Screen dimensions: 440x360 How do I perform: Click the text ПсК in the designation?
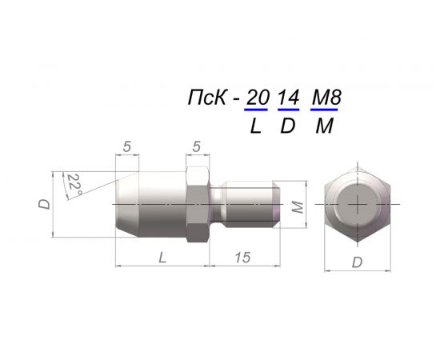click(x=207, y=98)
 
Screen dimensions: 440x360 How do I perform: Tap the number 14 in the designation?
click(x=288, y=98)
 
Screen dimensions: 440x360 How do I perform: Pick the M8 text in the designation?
click(x=326, y=98)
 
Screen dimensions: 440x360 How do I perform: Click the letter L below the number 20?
click(x=256, y=126)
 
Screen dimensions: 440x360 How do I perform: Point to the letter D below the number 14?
click(x=288, y=126)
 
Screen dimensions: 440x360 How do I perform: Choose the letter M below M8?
click(x=324, y=126)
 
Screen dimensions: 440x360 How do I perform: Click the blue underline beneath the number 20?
click(x=256, y=110)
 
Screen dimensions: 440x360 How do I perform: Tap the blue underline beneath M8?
click(x=324, y=110)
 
